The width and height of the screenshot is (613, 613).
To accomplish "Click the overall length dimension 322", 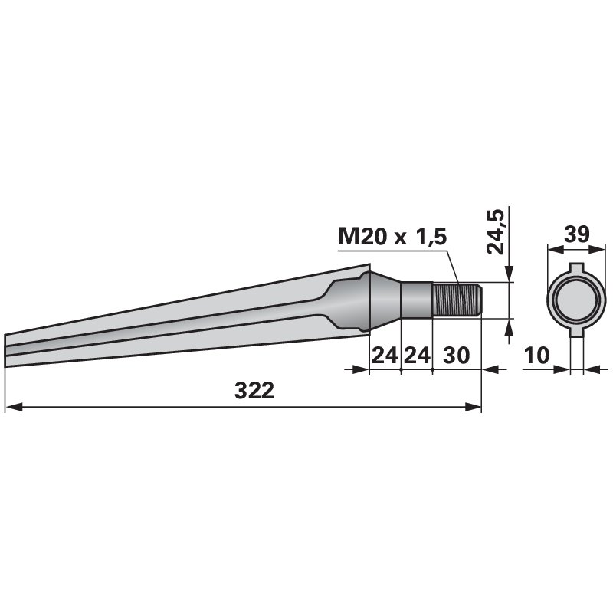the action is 254,391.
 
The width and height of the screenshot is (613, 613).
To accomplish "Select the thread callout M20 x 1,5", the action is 392,237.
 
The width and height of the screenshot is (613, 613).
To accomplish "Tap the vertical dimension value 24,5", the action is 495,232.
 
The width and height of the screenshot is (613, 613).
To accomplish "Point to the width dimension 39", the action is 577,234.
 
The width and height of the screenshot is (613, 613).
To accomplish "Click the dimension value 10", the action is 537,356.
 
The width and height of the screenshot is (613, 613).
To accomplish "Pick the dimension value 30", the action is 456,356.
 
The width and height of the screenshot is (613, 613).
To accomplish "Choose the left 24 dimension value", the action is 385,356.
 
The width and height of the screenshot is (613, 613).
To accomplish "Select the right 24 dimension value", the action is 417,356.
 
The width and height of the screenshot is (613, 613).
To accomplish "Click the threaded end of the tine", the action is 457,300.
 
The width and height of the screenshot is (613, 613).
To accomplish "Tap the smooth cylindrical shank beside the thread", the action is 417,300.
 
